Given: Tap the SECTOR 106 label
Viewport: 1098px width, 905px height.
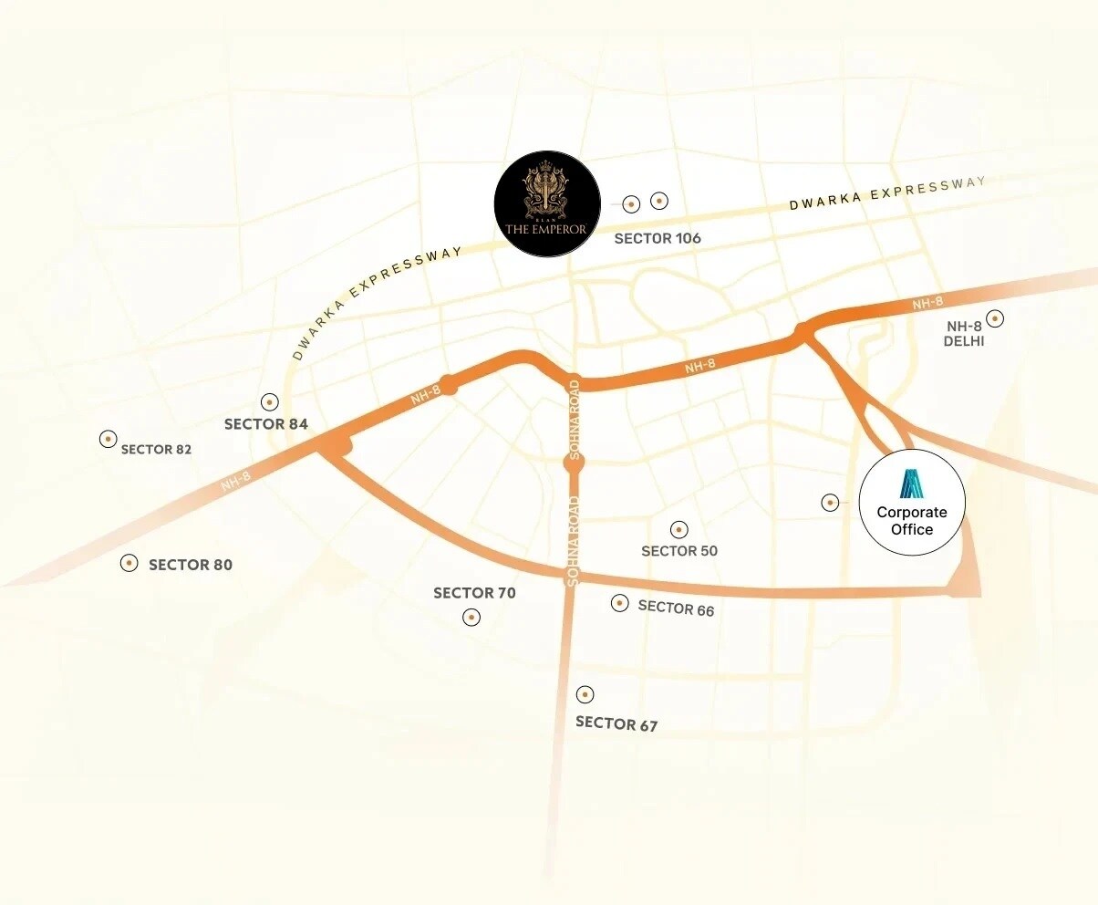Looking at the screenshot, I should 658,238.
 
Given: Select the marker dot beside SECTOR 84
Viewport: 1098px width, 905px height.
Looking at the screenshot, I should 269,401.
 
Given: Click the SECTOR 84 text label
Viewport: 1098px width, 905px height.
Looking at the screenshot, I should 266,424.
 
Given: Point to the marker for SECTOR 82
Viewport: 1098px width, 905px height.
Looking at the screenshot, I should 108,439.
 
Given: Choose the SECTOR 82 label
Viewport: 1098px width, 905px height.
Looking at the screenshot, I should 156,450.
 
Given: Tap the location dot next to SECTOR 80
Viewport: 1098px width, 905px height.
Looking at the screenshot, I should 129,563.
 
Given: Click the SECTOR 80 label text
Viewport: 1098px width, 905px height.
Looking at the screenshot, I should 191,565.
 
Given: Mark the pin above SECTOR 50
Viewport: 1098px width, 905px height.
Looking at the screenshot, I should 678,529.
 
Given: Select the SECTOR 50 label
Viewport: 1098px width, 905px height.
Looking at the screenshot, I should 679,551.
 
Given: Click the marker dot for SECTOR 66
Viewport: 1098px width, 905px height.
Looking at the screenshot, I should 620,603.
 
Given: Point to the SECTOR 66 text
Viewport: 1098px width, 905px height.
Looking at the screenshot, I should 676,608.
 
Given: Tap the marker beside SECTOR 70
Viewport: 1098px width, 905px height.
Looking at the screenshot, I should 471,618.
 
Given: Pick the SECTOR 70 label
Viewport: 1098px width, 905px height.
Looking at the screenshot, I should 474,593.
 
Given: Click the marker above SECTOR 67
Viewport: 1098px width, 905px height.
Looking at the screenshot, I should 585,694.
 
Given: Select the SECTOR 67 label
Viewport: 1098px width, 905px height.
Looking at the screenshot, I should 616,724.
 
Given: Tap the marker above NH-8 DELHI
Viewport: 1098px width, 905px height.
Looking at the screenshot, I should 995,318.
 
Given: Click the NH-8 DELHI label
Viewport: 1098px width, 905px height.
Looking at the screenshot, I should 966,334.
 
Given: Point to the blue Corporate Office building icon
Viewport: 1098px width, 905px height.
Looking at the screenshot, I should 912,484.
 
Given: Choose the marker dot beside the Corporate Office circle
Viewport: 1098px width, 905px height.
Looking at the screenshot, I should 830,502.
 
